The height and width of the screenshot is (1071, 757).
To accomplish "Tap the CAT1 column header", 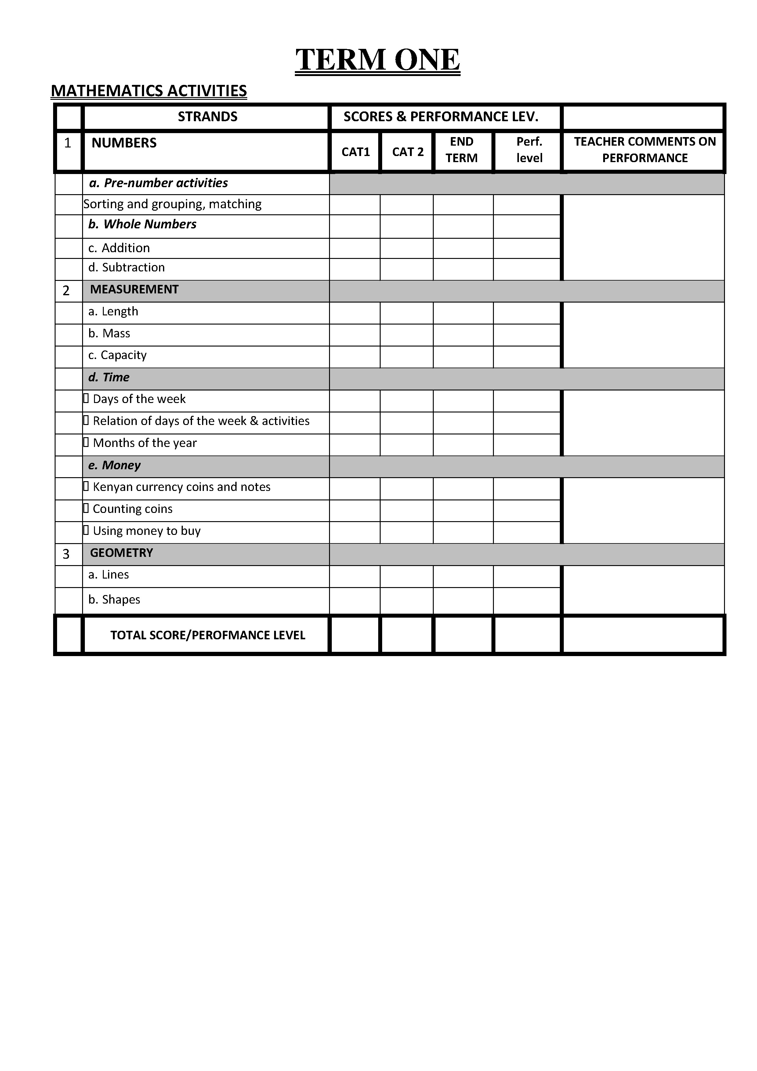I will pyautogui.click(x=355, y=152).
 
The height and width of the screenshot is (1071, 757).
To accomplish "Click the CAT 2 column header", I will pyautogui.click(x=408, y=152).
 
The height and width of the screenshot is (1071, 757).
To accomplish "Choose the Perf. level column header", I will pyautogui.click(x=529, y=150).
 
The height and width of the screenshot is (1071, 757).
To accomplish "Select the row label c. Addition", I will pyautogui.click(x=119, y=248).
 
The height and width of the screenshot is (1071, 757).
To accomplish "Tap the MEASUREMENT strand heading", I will pyautogui.click(x=134, y=290).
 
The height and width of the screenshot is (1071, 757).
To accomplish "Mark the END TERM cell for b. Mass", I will pyautogui.click(x=463, y=335).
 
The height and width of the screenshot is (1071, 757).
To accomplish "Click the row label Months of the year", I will pyautogui.click(x=145, y=443).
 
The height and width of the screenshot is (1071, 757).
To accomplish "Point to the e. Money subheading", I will pyautogui.click(x=114, y=466).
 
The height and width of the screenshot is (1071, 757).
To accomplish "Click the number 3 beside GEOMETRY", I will pyautogui.click(x=66, y=554).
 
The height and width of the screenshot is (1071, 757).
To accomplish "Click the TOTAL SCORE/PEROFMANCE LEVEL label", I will pyautogui.click(x=208, y=635).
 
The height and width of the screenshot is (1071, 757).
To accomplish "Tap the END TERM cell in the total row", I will pyautogui.click(x=463, y=635).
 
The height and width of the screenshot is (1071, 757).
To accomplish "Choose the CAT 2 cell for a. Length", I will pyautogui.click(x=406, y=313).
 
